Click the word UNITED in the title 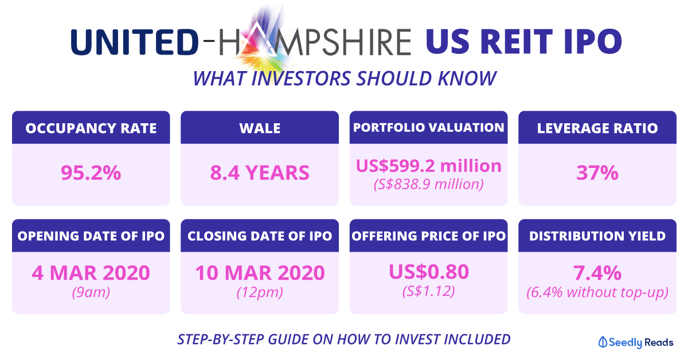coord(135,42)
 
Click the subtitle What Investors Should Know coord(345,79)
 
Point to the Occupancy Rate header coord(91,128)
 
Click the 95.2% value coord(91,173)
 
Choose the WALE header coord(260,128)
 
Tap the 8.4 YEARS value coord(260,173)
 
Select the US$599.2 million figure coord(428,166)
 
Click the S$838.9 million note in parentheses coord(428,185)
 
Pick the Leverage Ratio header coord(597,128)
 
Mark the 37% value coord(597,173)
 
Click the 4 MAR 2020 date coord(91,273)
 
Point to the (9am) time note coord(91,292)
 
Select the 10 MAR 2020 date coord(260,273)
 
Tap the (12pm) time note coord(260,292)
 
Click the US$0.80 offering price coord(429,272)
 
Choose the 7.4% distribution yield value coord(597,273)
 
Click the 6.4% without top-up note coord(597,292)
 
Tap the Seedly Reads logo coord(636,342)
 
